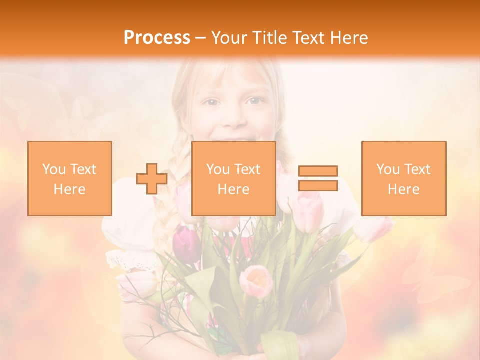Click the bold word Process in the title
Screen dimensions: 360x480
(157, 38)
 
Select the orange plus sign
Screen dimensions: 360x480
(152, 179)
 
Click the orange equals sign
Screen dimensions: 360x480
(318, 178)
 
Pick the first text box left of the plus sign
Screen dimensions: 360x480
(70, 178)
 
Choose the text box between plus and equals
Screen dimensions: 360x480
(233, 178)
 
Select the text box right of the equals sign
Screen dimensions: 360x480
(403, 178)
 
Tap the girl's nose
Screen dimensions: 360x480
(234, 118)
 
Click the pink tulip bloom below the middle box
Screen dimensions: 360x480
(256, 280)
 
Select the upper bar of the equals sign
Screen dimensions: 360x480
(318, 171)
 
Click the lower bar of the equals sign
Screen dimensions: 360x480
(318, 185)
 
